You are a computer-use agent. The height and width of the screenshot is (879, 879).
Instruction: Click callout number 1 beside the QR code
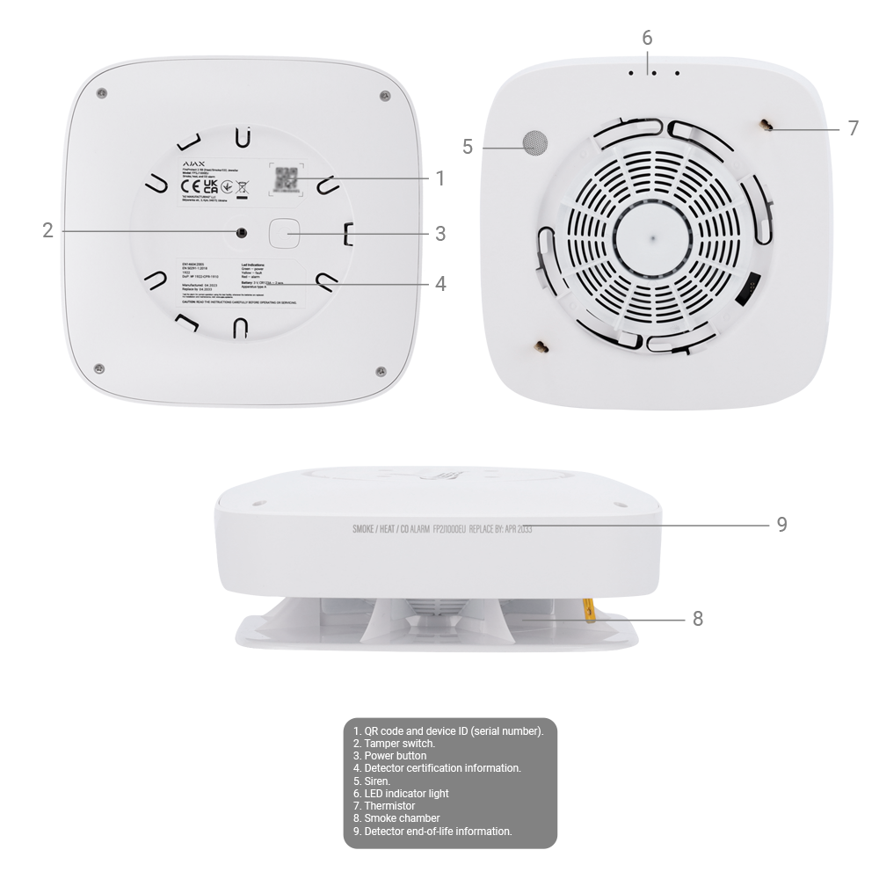pyautogui.click(x=439, y=178)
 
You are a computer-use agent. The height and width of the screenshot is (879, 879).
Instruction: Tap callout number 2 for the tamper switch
pyautogui.click(x=49, y=230)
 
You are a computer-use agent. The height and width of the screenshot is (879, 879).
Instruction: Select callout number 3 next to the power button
pyautogui.click(x=439, y=234)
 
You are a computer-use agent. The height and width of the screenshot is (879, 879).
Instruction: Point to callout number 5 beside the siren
pyautogui.click(x=469, y=147)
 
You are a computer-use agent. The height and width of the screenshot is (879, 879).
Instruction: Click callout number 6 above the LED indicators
pyautogui.click(x=648, y=39)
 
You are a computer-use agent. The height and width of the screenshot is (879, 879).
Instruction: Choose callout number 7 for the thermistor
pyautogui.click(x=854, y=128)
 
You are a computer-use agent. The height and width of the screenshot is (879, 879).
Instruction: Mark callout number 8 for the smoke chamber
pyautogui.click(x=698, y=619)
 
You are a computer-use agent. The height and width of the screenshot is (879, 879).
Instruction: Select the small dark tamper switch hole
pyautogui.click(x=240, y=232)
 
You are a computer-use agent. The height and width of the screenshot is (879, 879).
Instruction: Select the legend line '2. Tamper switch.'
pyautogui.click(x=394, y=743)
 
